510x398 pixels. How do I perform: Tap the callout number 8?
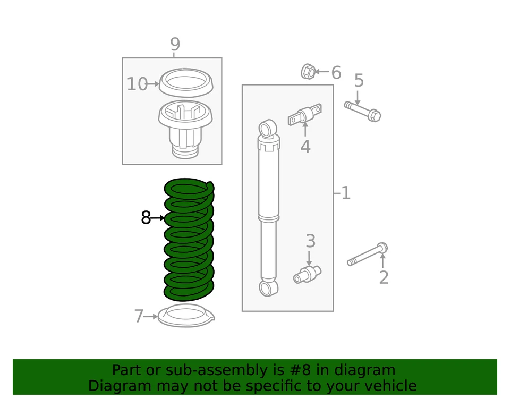(x=146, y=217)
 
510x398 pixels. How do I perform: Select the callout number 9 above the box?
(x=175, y=44)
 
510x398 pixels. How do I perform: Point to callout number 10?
(x=137, y=84)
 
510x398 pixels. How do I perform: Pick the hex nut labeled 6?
(x=308, y=71)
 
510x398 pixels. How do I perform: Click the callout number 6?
(x=336, y=72)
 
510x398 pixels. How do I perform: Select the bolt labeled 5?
(x=363, y=111)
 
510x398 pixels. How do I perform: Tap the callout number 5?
(x=359, y=80)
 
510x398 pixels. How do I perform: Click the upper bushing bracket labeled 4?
(x=305, y=114)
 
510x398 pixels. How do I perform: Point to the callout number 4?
(x=305, y=147)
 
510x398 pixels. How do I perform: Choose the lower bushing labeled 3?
(x=307, y=274)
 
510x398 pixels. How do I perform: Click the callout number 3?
(x=311, y=241)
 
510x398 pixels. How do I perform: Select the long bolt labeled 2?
(x=368, y=254)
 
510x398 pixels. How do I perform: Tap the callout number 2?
(x=384, y=277)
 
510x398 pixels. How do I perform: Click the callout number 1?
(x=346, y=193)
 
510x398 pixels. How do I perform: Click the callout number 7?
(x=139, y=316)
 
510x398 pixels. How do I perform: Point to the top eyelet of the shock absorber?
(x=268, y=129)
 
